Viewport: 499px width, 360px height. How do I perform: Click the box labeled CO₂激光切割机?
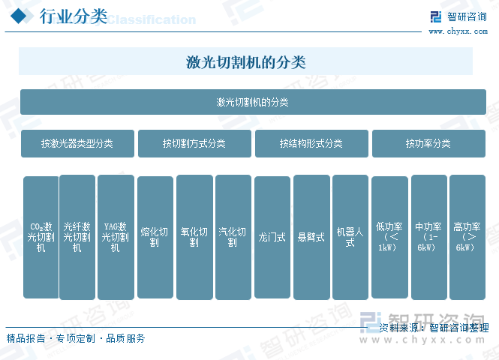41,237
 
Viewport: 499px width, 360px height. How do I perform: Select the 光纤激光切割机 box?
77,237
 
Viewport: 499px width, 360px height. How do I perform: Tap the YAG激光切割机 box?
116,237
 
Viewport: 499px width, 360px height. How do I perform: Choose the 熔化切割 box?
155,237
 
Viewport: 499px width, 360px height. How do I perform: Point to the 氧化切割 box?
195,237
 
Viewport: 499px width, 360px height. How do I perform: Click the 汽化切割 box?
233,237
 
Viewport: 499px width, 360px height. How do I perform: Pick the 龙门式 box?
272,237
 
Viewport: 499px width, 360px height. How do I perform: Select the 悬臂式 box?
311,237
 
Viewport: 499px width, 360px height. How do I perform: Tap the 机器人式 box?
350,237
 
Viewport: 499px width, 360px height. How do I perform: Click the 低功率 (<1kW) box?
390,237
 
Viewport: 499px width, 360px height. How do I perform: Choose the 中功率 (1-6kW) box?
429,237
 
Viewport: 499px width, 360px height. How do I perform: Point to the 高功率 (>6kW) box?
467,237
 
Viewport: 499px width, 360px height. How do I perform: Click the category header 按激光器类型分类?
77,143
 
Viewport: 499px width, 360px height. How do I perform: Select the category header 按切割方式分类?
194,143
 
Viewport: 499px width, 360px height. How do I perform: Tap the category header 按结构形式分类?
311,143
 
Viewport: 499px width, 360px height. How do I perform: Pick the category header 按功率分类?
428,143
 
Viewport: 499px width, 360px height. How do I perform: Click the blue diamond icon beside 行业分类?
20,16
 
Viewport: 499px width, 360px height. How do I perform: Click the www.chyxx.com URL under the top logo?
458,31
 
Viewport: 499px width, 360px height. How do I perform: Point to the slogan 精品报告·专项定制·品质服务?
76,338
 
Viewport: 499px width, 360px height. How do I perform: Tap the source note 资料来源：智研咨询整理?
434,328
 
